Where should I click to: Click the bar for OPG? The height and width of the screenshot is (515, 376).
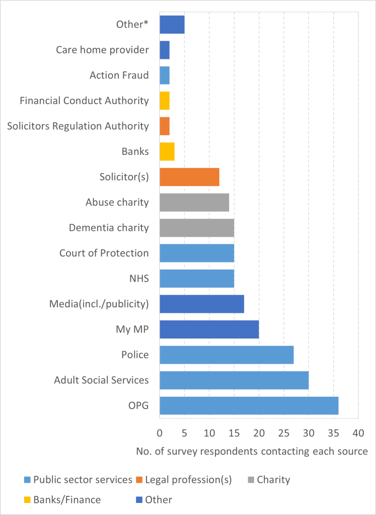[x=249, y=405]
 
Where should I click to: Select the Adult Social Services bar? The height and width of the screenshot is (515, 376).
[x=234, y=380]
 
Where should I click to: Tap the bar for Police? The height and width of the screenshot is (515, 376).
[x=227, y=355]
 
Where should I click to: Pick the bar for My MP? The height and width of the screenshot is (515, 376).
[x=209, y=329]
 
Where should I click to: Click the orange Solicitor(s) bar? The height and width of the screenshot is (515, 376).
[x=189, y=177]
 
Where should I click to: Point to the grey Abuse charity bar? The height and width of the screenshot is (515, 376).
[x=194, y=202]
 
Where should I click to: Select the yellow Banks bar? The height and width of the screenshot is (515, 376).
[x=167, y=151]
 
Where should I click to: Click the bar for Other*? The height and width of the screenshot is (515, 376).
[x=172, y=24]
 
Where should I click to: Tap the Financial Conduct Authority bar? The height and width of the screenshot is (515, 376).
[x=164, y=101]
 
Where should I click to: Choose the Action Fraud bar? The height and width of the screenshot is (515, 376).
[x=164, y=75]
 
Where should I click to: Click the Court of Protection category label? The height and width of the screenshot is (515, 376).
[x=104, y=253]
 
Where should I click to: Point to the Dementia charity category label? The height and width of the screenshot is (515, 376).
[x=109, y=228]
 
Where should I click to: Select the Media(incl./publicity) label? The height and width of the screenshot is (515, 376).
[x=99, y=304]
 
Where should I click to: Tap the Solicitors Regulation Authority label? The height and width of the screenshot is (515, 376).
[x=78, y=126]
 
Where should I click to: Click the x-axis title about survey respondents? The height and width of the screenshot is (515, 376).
[x=252, y=451]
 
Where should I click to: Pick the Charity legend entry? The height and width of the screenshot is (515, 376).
[x=273, y=479]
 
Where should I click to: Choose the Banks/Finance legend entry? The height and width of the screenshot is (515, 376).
[x=67, y=499]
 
